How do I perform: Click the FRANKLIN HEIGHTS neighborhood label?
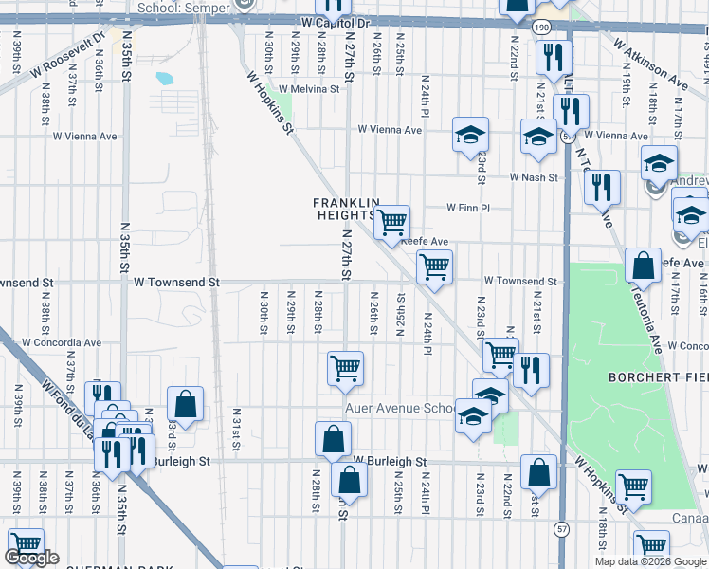347,209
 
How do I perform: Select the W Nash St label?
535,177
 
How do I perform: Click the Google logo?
33,558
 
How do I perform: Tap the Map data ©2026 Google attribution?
649,560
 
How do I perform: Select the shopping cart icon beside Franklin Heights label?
391,223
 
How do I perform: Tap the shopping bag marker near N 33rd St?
186,402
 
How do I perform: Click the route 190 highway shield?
540,29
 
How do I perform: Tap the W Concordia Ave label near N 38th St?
61,342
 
